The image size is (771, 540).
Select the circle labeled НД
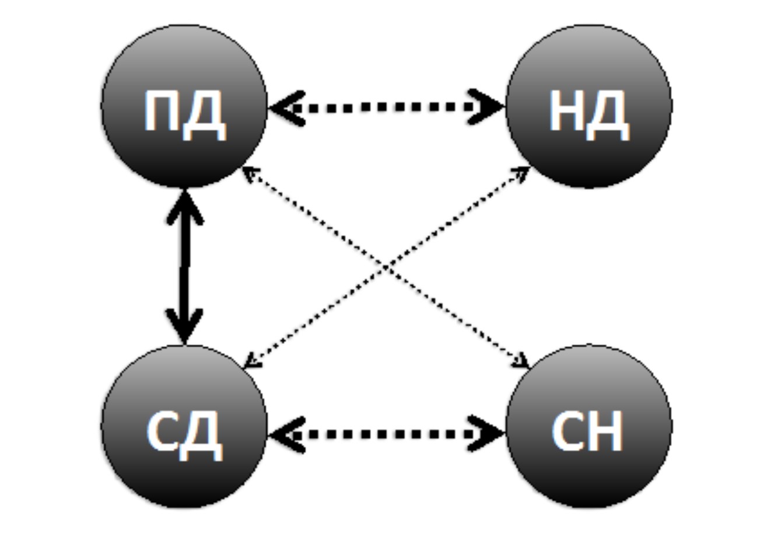pos(589,106)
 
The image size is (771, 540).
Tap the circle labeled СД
pos(184,426)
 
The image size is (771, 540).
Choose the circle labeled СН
pos(589,426)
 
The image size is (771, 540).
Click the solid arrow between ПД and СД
pos(184,266)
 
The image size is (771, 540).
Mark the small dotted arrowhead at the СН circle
pos(521,363)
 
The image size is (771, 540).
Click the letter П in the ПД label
pos(160,112)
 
